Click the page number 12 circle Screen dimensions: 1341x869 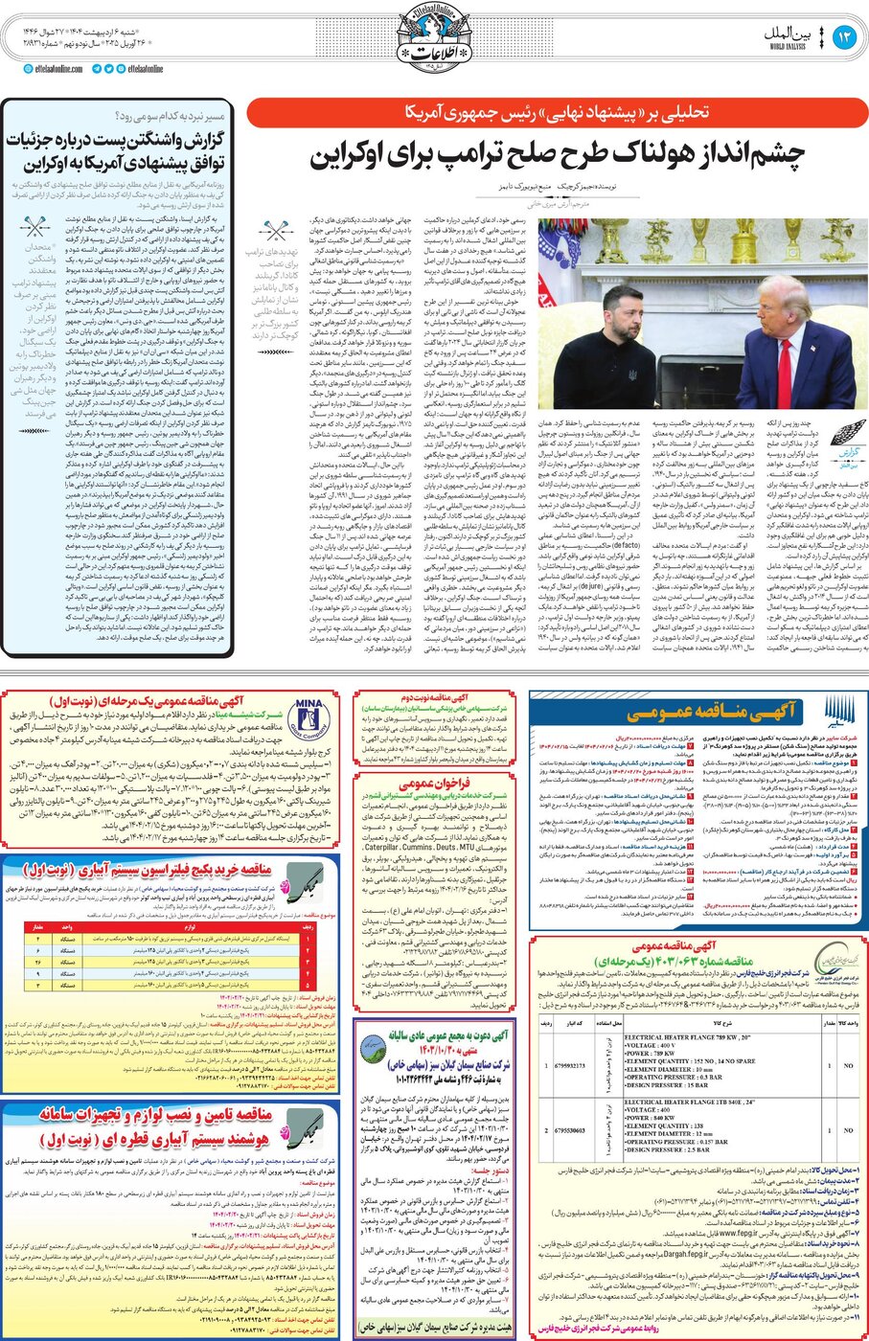(x=844, y=37)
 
